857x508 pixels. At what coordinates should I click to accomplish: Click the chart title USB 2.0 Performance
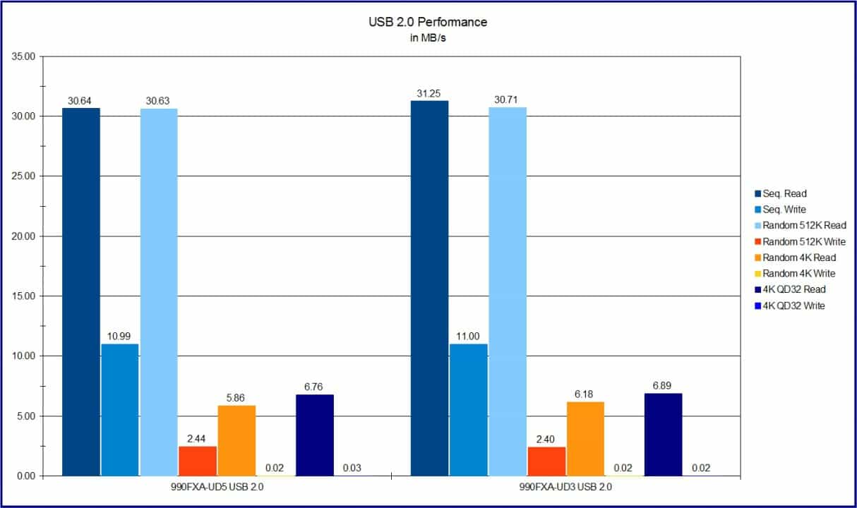(428, 22)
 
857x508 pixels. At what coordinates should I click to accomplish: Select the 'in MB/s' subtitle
(428, 38)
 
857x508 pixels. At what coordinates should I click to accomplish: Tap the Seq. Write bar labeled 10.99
(119, 410)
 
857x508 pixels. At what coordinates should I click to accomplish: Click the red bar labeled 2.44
(198, 461)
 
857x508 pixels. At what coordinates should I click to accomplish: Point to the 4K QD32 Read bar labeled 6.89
(663, 435)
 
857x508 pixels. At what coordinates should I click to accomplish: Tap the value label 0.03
(354, 468)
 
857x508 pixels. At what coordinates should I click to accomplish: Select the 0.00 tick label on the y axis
(23, 476)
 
